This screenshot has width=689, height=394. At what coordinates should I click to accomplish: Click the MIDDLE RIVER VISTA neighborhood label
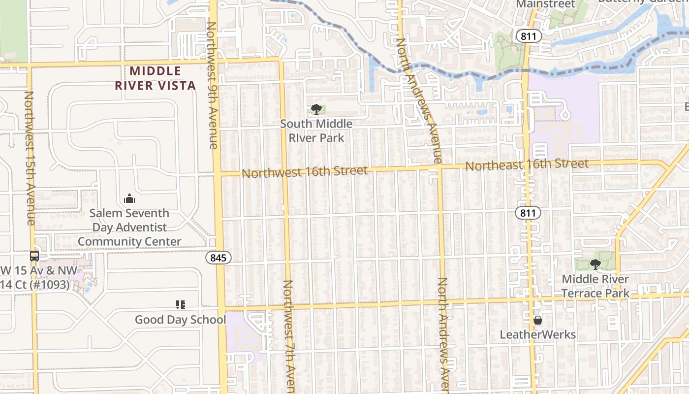(156, 78)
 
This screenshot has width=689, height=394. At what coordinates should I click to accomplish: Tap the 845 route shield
(218, 258)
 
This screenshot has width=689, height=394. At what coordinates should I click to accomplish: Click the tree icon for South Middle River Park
(316, 109)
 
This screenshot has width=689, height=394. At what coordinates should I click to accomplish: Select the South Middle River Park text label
(316, 131)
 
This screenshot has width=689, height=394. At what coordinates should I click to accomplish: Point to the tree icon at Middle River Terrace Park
(595, 264)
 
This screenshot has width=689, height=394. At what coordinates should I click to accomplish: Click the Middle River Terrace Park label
(595, 286)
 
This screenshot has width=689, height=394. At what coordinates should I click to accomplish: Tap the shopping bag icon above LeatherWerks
(537, 320)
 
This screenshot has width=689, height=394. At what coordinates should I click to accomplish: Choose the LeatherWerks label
(537, 335)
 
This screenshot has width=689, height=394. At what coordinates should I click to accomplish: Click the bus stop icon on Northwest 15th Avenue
(34, 256)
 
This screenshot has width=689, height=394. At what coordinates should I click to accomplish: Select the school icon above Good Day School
(180, 305)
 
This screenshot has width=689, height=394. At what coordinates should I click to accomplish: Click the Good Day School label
(180, 320)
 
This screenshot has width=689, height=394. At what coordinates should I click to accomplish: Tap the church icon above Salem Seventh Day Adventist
(129, 198)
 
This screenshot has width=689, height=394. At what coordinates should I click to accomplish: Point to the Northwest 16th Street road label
(304, 172)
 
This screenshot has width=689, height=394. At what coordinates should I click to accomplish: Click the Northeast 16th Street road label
(527, 164)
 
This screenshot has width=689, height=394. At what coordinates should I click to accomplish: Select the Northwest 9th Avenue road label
(212, 85)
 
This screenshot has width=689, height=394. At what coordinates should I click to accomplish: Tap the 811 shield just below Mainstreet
(529, 35)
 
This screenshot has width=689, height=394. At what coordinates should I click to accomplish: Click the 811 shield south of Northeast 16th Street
(528, 213)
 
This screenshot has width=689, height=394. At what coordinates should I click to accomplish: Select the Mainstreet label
(545, 4)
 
